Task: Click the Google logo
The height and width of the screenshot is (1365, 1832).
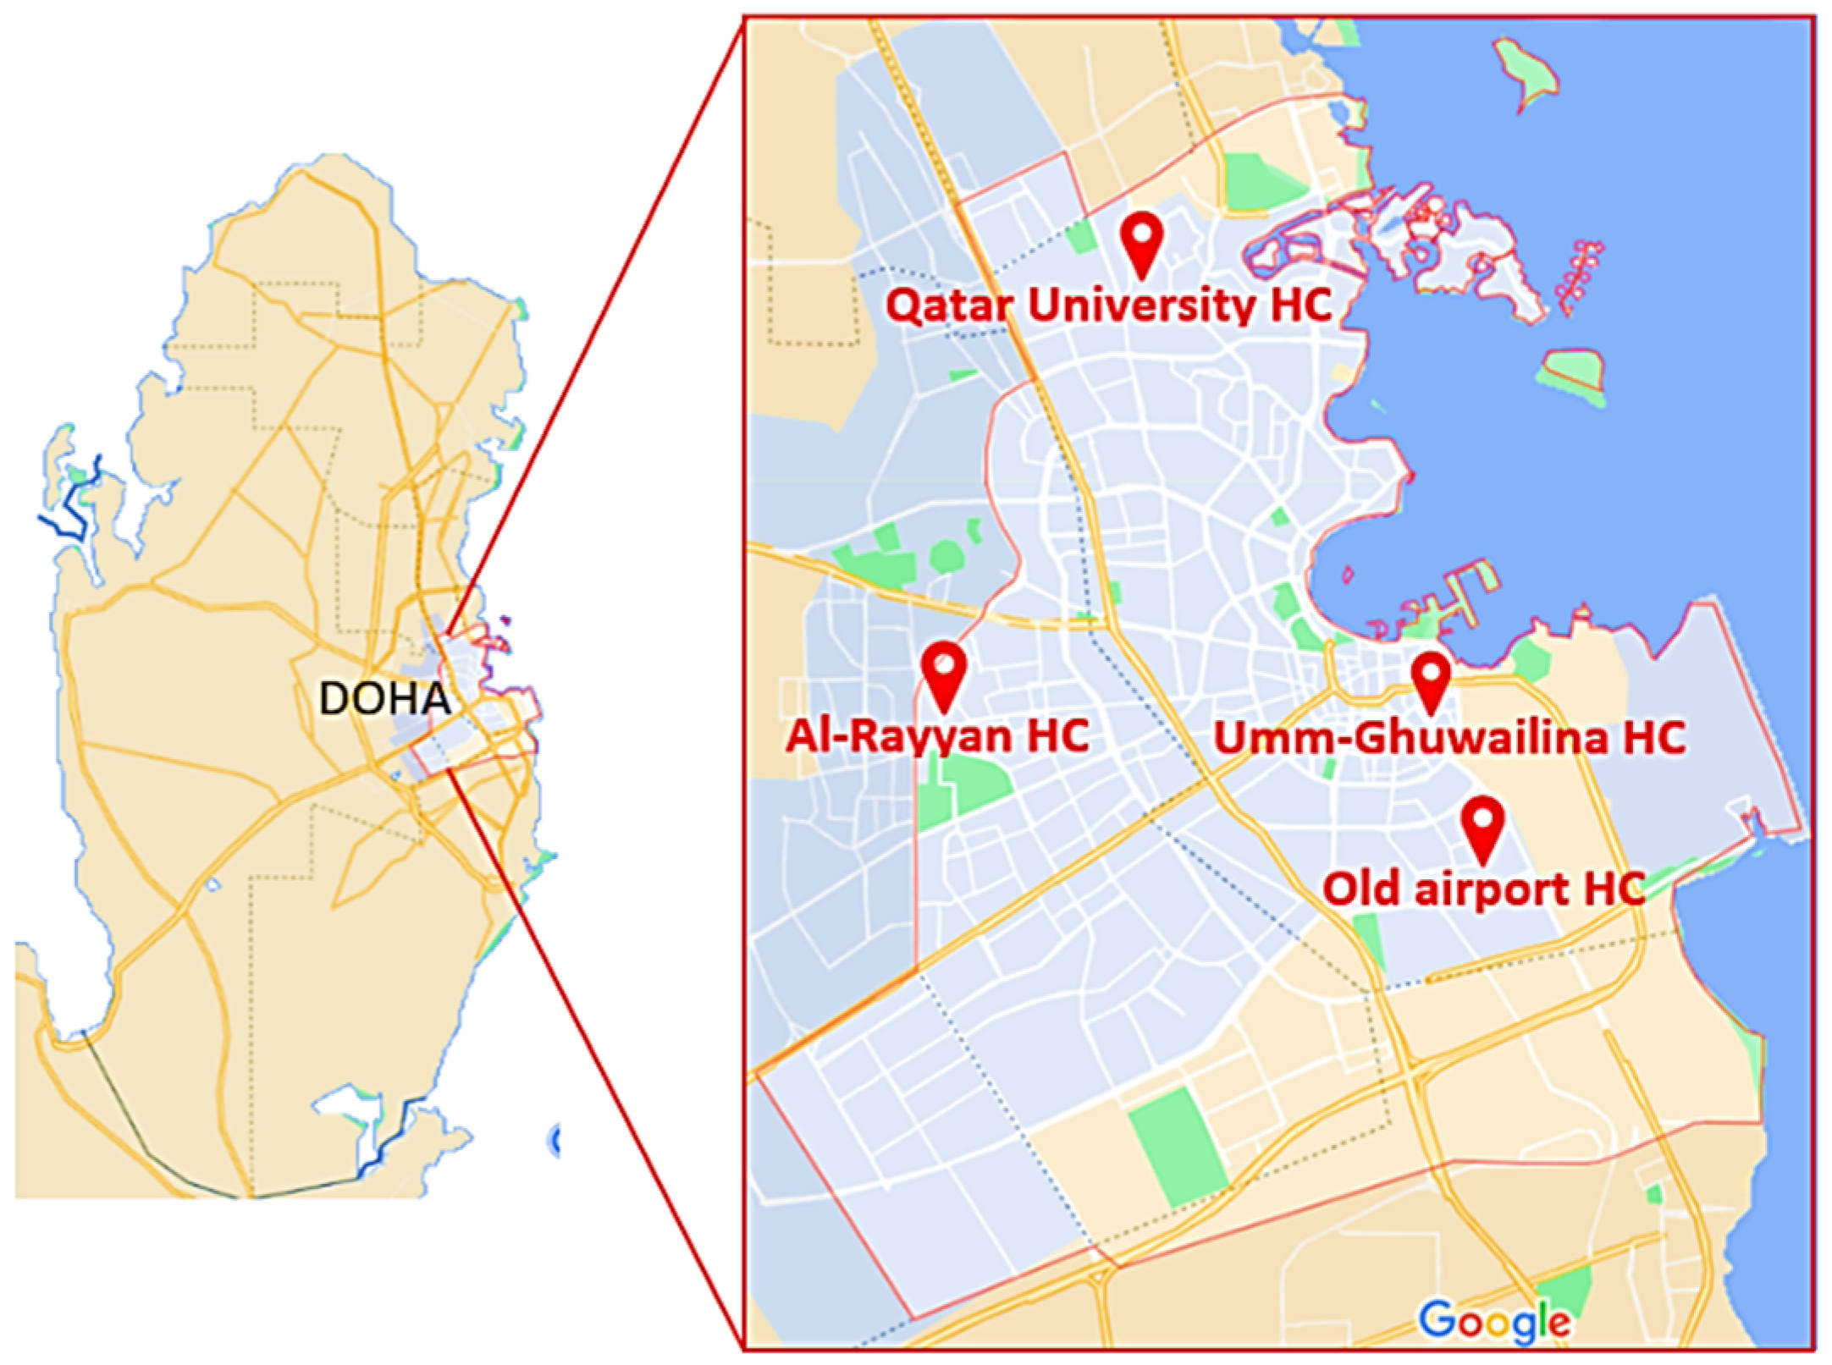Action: click(x=1494, y=1320)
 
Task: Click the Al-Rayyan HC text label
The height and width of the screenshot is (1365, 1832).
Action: click(x=937, y=735)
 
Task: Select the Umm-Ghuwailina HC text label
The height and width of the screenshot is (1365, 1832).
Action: click(x=1449, y=737)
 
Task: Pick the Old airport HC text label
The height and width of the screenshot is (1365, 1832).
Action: click(x=1483, y=889)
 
